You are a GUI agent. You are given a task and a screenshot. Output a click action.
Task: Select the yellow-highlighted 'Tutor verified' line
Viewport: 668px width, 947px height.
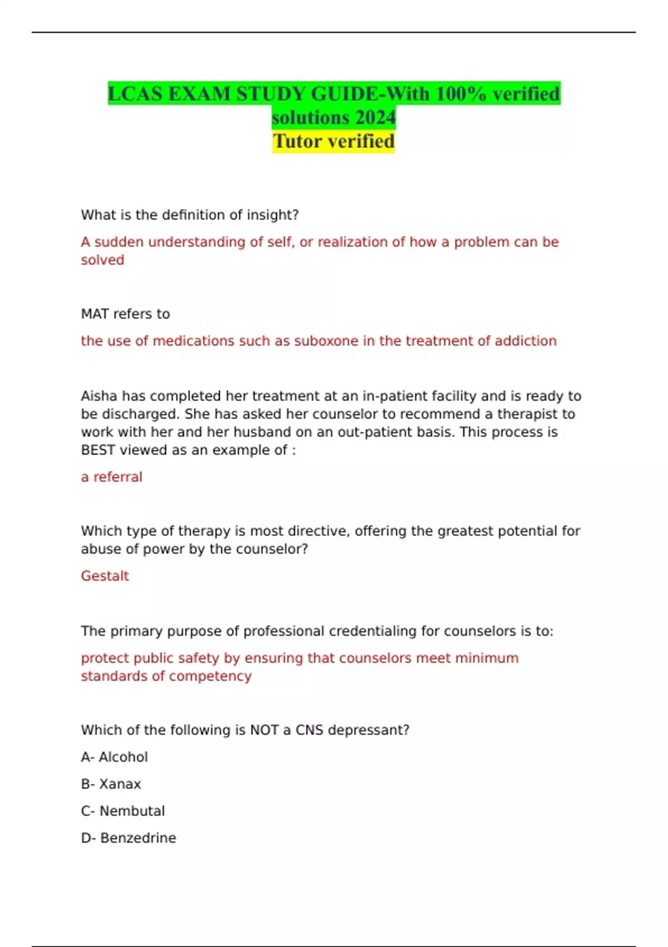coord(333,141)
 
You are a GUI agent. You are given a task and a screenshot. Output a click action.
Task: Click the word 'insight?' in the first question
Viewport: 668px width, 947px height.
coord(273,215)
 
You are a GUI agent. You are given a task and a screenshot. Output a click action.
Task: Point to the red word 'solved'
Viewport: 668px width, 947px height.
coord(102,260)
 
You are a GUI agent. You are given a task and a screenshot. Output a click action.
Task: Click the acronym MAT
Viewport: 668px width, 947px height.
coord(95,314)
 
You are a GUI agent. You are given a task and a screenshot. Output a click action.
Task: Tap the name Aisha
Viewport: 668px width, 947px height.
coord(99,396)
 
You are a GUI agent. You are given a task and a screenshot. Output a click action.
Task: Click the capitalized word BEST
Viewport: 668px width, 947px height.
coord(98,450)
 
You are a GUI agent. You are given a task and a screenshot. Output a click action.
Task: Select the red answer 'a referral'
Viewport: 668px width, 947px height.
coord(112,477)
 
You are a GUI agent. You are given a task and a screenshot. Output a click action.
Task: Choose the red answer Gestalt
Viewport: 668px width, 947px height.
coord(105,576)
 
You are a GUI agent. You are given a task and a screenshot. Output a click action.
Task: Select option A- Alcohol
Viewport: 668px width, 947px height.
coord(114,757)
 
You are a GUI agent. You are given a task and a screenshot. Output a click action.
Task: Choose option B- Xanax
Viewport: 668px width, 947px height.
coord(111,784)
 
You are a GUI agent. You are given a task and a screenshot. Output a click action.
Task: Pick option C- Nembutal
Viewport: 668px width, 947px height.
coord(122,811)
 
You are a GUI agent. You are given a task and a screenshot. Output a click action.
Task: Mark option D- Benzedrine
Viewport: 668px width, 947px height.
coord(128,838)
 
